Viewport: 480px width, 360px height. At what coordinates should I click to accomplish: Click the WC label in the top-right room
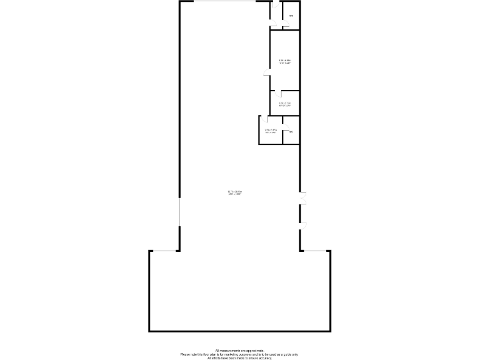pos(291,16)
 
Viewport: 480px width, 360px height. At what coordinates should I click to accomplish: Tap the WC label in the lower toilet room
pos(291,131)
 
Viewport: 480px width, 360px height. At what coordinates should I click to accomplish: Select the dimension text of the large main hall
pos(235,192)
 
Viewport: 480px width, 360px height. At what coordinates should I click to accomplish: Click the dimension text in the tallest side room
pos(285,61)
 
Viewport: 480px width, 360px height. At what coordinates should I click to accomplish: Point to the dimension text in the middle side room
pos(285,104)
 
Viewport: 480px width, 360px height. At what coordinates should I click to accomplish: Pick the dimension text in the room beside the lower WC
pos(271,131)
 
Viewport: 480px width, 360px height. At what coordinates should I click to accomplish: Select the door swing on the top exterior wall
pos(274,6)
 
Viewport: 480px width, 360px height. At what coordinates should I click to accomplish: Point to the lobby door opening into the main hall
pos(272,24)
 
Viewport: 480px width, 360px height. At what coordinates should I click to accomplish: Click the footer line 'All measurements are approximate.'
pos(240,351)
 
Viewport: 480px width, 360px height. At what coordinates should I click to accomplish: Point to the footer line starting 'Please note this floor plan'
pos(240,354)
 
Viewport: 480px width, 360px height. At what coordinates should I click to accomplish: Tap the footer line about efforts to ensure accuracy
pos(240,357)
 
